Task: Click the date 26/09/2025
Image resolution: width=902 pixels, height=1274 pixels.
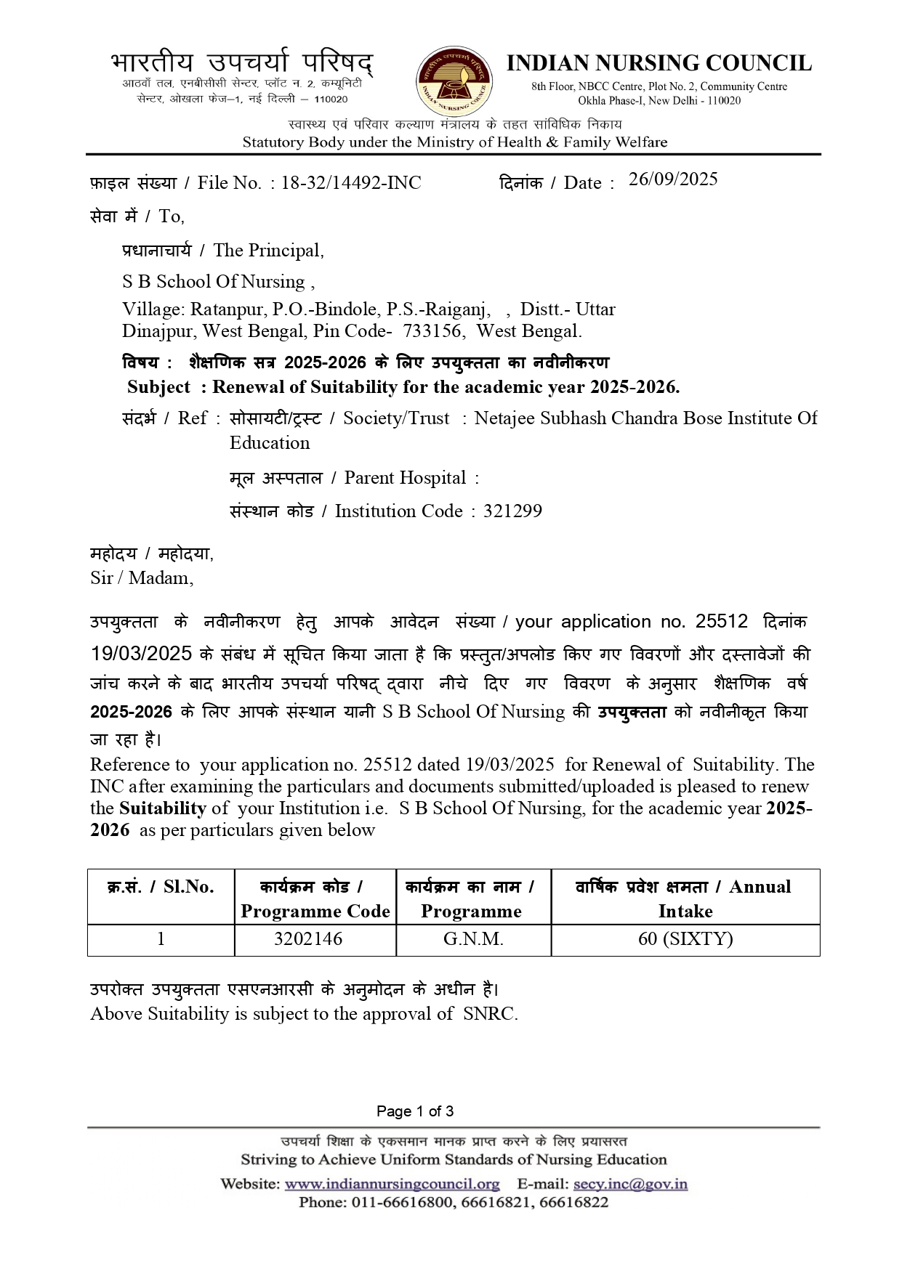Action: tap(673, 179)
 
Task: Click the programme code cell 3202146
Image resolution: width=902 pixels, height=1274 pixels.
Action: tap(308, 938)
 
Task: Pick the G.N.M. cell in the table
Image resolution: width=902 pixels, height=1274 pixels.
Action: tap(473, 938)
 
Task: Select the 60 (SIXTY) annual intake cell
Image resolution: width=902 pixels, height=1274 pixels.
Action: tap(685, 938)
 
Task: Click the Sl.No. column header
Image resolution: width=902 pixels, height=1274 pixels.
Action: tap(161, 887)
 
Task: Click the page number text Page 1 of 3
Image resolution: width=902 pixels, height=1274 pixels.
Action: tap(415, 1111)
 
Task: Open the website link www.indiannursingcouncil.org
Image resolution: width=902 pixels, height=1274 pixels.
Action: tap(392, 1184)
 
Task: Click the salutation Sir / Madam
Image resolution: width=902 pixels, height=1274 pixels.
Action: tap(142, 577)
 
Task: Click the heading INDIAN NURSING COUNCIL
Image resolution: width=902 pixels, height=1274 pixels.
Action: tap(659, 64)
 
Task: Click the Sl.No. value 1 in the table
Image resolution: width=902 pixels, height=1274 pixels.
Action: tap(161, 938)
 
